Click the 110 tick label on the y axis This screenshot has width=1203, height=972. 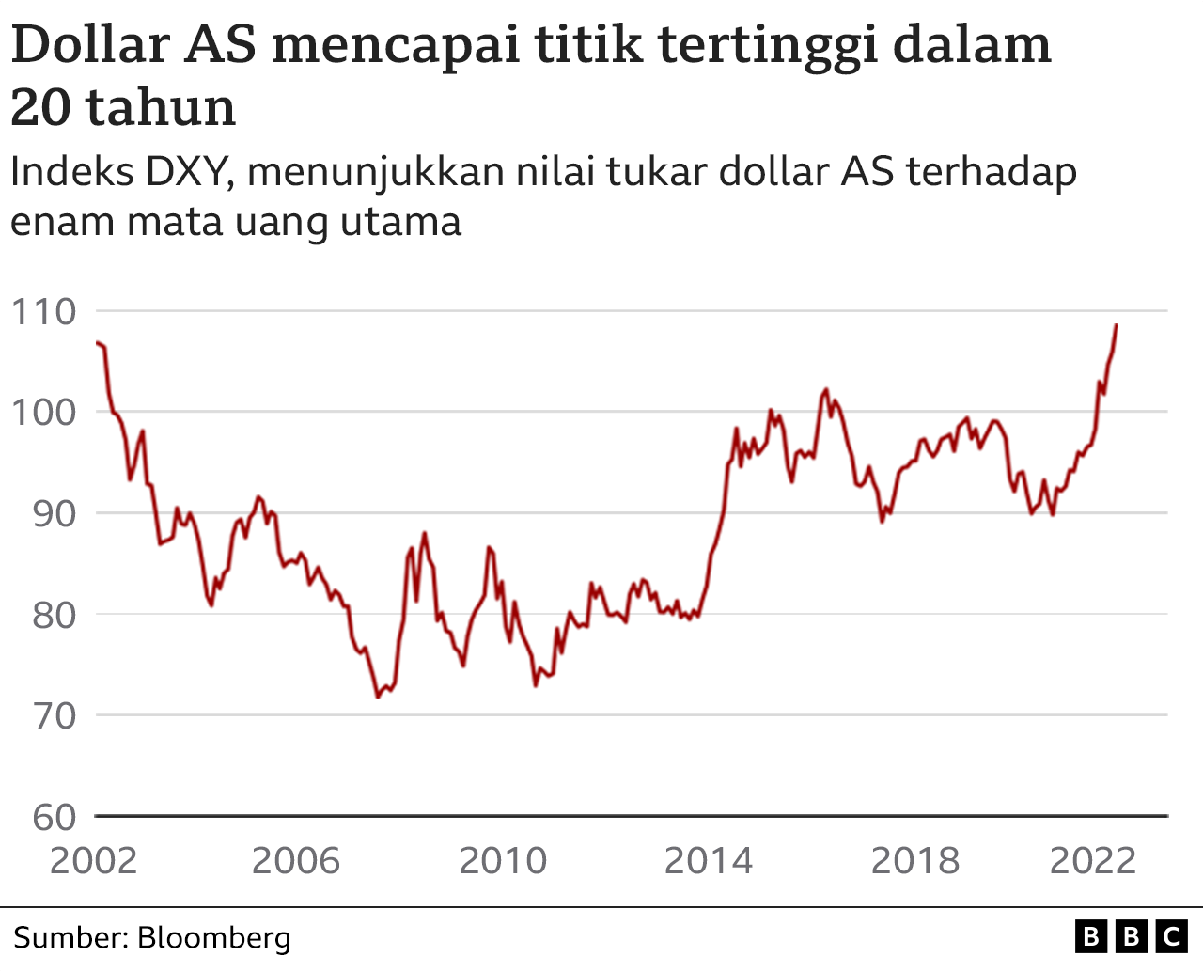[43, 312]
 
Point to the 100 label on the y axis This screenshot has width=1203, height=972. [43, 413]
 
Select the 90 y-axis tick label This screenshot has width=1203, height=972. [54, 514]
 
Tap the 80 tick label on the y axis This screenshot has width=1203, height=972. [54, 616]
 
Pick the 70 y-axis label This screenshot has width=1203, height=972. [54, 716]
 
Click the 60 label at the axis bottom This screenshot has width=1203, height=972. [54, 818]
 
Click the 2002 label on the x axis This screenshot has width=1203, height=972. [93, 861]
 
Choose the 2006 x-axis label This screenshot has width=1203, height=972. [296, 861]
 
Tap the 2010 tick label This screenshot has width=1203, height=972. [503, 861]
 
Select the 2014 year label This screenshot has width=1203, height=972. [708, 861]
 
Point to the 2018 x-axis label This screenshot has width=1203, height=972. [914, 861]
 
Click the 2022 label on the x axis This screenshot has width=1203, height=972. [1092, 861]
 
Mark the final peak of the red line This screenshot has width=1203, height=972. [1117, 325]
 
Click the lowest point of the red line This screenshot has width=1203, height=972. [378, 698]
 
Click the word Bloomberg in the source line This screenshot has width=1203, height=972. [214, 938]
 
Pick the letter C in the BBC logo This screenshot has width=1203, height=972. [1171, 937]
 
